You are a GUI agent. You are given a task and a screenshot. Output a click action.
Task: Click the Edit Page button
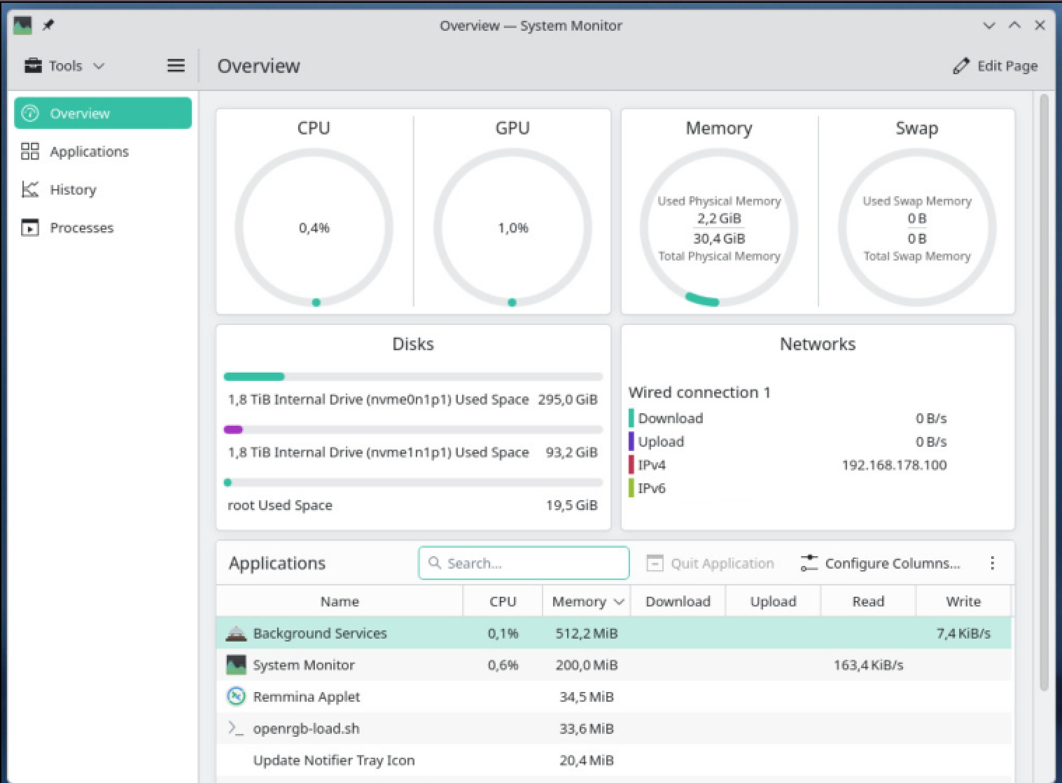coord(995,66)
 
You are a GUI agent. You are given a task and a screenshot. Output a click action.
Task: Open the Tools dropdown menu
coord(64,66)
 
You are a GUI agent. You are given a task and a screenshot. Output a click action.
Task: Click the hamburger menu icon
coord(176,65)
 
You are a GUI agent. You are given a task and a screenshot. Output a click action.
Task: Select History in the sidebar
coord(73,190)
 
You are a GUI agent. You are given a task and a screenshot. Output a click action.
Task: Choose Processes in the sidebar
coord(81,228)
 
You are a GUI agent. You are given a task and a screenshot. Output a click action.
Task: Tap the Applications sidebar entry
coord(89,152)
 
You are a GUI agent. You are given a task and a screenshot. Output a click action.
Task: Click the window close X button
coord(1040,25)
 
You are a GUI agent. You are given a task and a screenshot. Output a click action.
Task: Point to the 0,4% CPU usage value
coord(314,228)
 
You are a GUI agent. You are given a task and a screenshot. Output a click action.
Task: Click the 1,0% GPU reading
coord(513,228)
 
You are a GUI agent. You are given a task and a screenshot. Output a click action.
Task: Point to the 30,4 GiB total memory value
coord(719,239)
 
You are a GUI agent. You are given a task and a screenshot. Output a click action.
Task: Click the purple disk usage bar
coord(233,430)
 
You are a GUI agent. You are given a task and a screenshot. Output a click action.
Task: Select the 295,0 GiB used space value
coord(568,400)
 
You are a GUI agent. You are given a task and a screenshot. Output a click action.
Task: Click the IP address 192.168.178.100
coord(894,465)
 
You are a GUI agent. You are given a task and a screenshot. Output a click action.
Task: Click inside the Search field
coord(524,563)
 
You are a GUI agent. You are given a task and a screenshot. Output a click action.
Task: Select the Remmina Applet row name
coord(306,697)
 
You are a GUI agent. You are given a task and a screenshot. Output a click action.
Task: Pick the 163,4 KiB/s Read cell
coord(869,665)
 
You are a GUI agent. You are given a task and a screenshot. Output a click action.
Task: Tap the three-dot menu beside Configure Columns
coord(992,563)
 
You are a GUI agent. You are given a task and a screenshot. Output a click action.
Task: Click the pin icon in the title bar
coord(48,25)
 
